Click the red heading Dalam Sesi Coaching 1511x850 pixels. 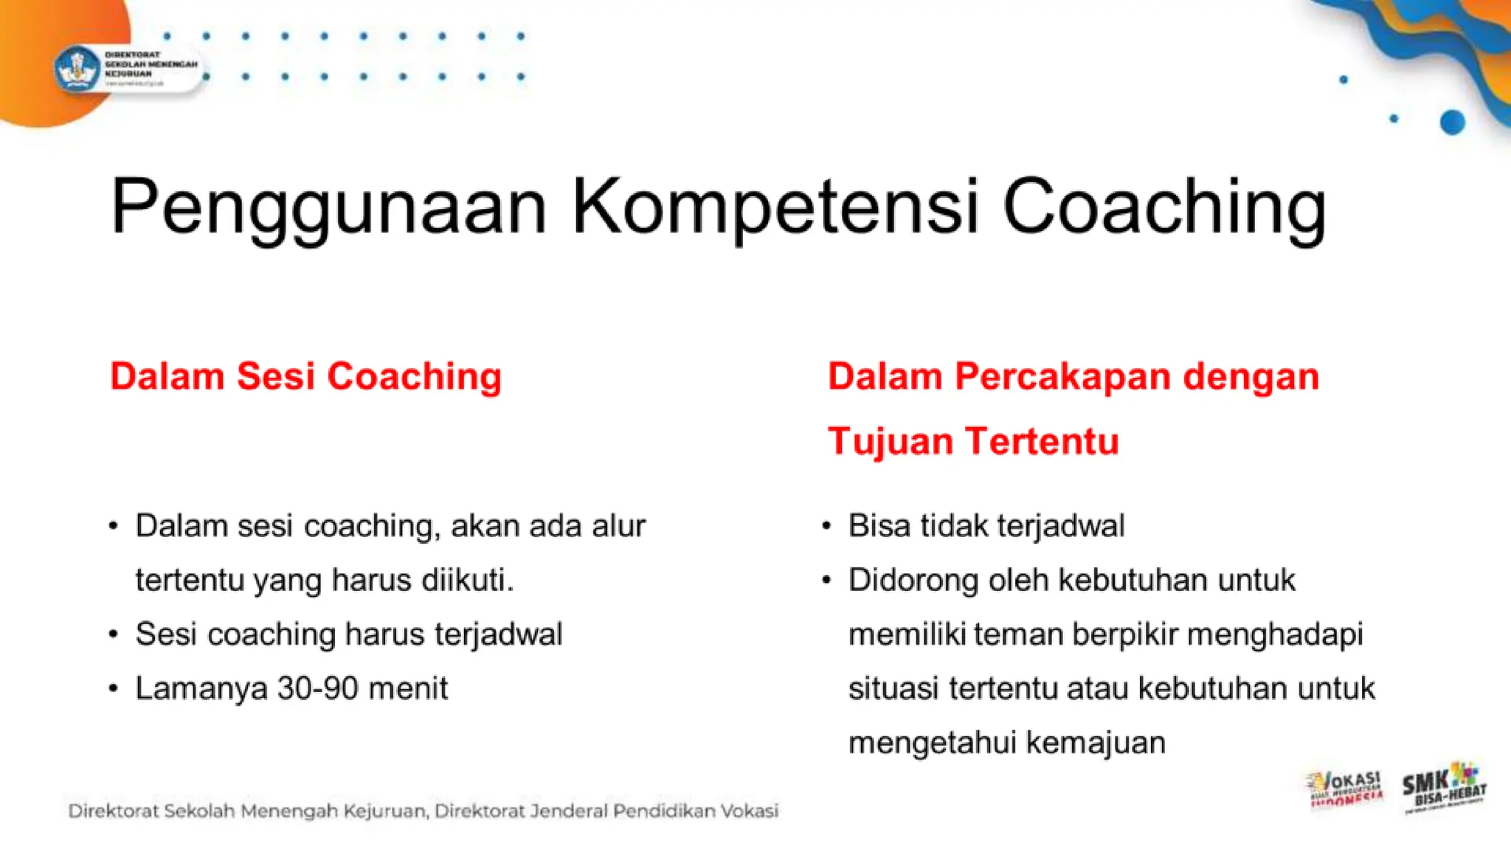(x=305, y=376)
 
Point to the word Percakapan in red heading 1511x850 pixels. (x=1062, y=376)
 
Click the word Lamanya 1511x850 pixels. (x=201, y=688)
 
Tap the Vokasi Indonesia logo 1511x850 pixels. (x=1344, y=789)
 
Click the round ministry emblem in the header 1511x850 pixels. (x=77, y=70)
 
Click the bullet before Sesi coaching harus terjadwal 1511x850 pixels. (x=113, y=635)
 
